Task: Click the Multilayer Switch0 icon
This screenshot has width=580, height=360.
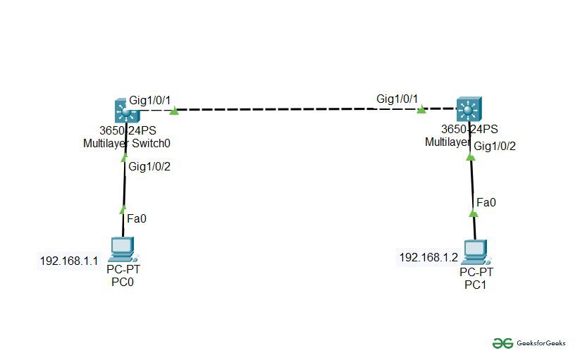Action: click(127, 111)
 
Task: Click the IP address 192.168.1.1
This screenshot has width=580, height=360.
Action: click(68, 261)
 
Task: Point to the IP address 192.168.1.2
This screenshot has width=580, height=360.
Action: click(428, 257)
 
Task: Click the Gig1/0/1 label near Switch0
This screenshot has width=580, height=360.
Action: click(150, 100)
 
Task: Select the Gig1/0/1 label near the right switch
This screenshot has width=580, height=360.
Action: click(397, 99)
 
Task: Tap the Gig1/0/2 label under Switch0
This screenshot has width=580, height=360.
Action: click(149, 166)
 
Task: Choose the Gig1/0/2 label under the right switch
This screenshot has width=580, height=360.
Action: click(495, 146)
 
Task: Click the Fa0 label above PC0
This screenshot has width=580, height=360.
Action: click(137, 218)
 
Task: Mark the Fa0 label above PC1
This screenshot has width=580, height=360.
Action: click(486, 202)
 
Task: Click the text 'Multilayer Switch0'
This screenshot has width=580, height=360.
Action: click(127, 143)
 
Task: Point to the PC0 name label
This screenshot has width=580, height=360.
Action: click(123, 283)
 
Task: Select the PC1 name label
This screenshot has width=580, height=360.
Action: click(475, 285)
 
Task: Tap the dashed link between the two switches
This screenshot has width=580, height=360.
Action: click(296, 110)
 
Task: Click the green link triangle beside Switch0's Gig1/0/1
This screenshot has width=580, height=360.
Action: click(173, 110)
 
